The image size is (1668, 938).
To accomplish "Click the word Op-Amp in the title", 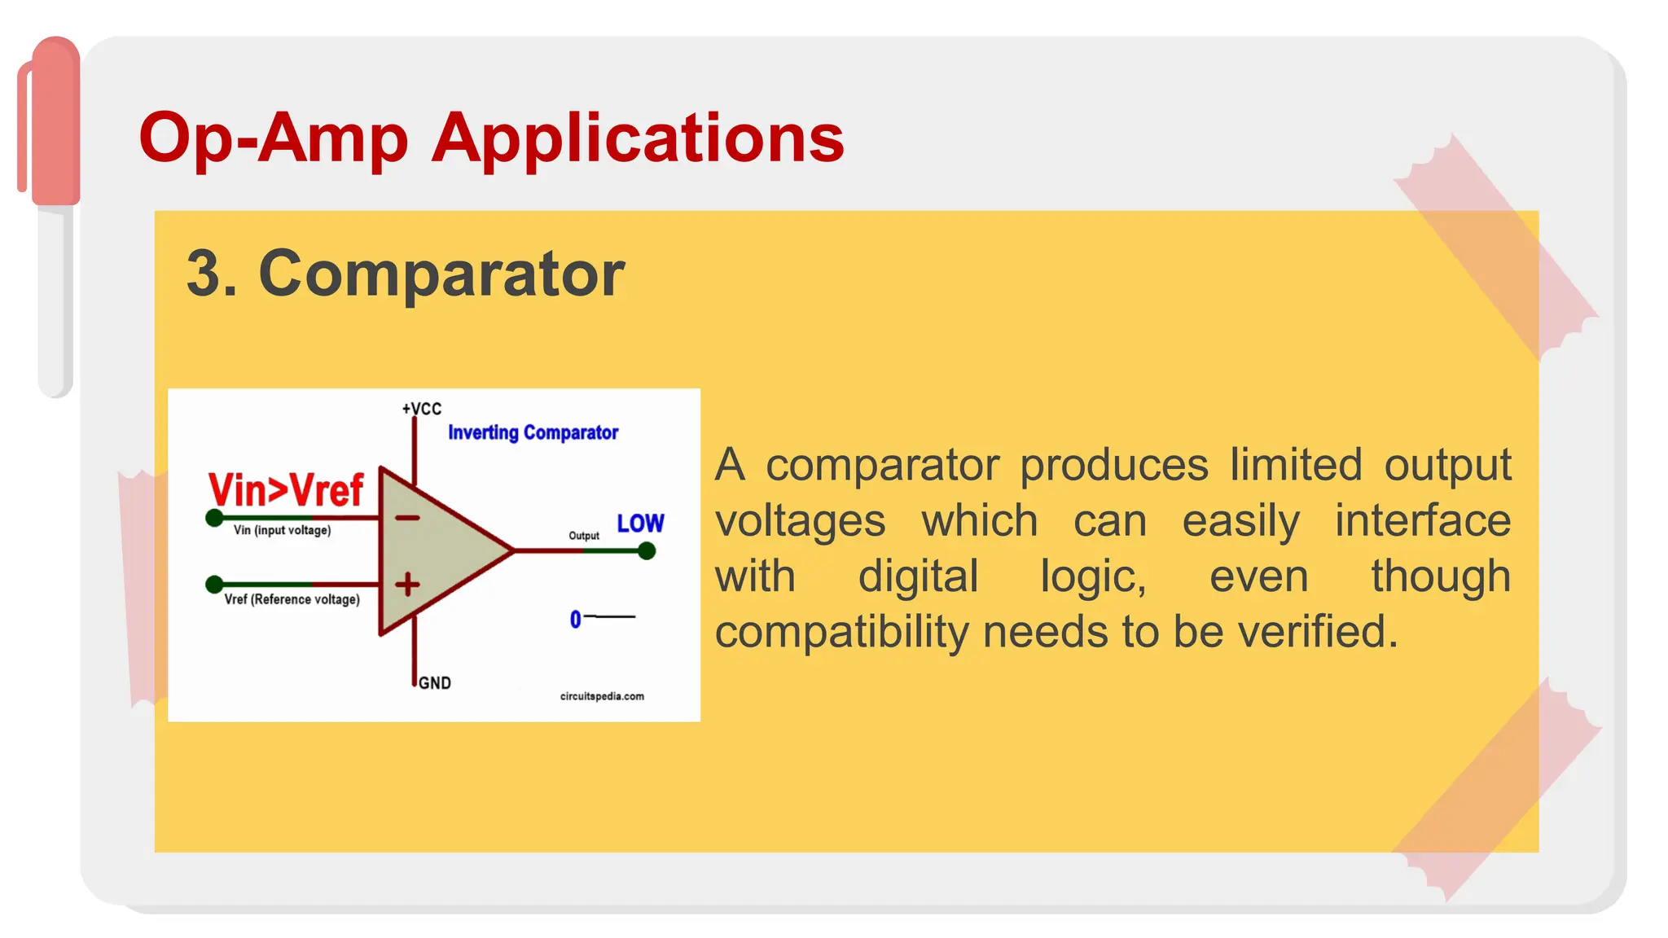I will pyautogui.click(x=273, y=138).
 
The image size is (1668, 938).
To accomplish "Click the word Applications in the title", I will pyautogui.click(x=638, y=138).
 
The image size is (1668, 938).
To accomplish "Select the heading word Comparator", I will pyautogui.click(x=441, y=274).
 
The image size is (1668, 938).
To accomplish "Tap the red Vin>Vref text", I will pyautogui.click(x=285, y=490).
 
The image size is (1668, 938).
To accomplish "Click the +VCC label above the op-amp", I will pyautogui.click(x=421, y=409).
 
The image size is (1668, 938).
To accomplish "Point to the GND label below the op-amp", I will pyautogui.click(x=434, y=683).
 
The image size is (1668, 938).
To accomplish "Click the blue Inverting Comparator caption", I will pyautogui.click(x=533, y=432).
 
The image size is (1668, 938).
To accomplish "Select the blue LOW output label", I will pyautogui.click(x=640, y=523).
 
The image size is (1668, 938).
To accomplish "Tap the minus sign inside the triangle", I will pyautogui.click(x=407, y=518).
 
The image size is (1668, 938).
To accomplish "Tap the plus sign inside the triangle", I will pyautogui.click(x=407, y=584).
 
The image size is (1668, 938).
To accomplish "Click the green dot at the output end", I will pyautogui.click(x=647, y=551).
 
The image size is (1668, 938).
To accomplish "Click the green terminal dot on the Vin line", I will pyautogui.click(x=214, y=518).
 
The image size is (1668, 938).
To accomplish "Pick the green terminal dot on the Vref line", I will pyautogui.click(x=214, y=584).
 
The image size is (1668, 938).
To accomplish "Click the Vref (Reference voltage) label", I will pyautogui.click(x=292, y=599).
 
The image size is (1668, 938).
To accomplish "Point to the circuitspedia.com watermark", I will pyautogui.click(x=602, y=696).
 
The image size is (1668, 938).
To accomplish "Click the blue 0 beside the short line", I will pyautogui.click(x=576, y=620).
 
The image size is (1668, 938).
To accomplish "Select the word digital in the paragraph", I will pyautogui.click(x=918, y=576).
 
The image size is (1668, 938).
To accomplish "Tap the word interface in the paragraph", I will pyautogui.click(x=1422, y=521).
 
